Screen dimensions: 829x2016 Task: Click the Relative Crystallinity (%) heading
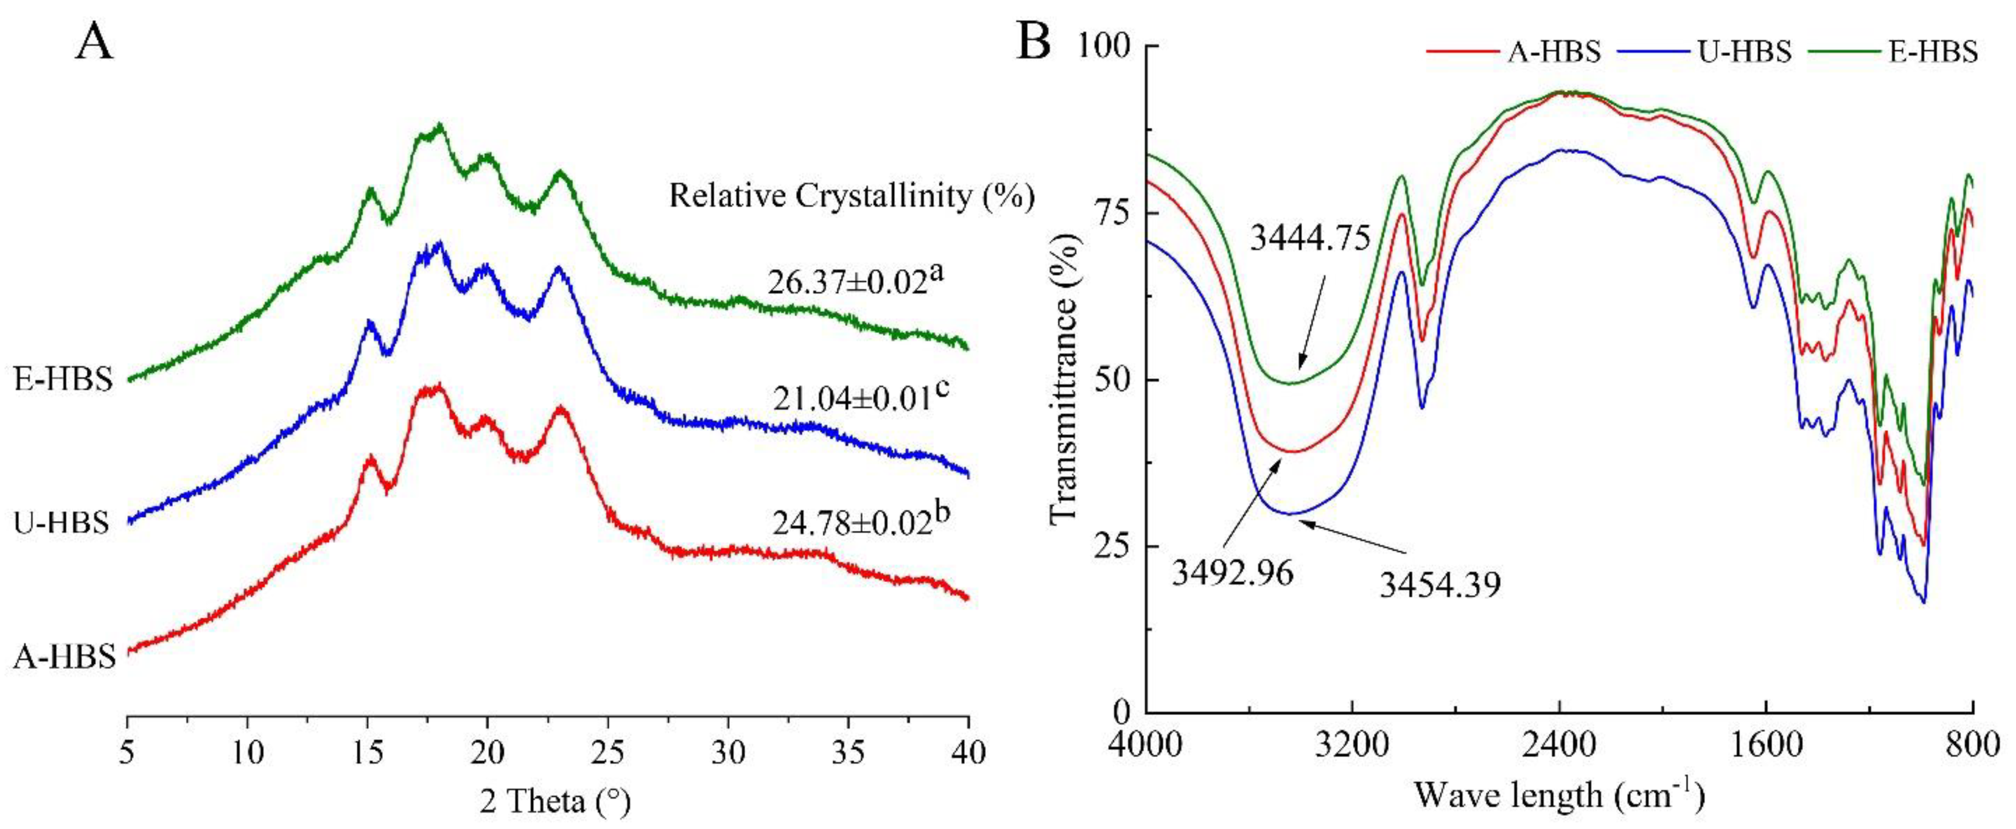coord(851,196)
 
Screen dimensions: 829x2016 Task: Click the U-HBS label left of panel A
coord(62,522)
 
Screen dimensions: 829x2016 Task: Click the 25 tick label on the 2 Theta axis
coord(607,753)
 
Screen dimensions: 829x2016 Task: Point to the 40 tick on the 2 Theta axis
coord(968,753)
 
